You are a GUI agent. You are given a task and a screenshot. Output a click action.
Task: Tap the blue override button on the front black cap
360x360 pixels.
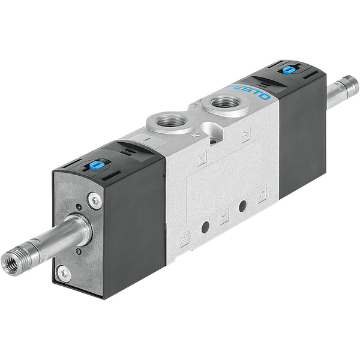point(95,164)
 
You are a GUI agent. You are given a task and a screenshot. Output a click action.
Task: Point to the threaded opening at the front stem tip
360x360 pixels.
point(11,263)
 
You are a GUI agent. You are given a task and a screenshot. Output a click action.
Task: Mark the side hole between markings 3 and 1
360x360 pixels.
point(205,227)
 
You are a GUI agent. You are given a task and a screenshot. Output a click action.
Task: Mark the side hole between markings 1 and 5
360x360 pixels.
point(242,206)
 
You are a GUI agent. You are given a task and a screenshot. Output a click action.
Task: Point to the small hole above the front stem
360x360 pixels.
point(79,208)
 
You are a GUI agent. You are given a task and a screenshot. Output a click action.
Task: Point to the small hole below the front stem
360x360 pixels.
point(78,251)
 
